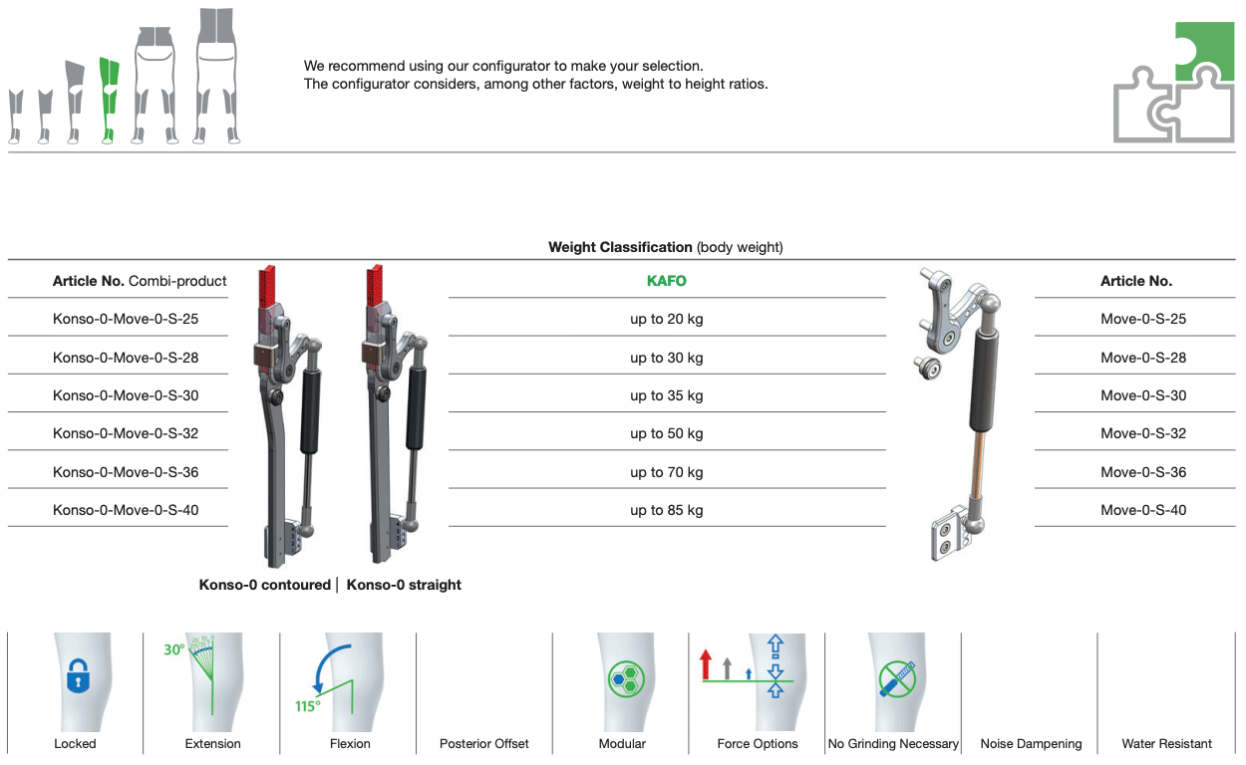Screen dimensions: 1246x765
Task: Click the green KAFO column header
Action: pyautogui.click(x=667, y=281)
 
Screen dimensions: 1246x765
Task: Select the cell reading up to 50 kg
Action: pyautogui.click(x=667, y=433)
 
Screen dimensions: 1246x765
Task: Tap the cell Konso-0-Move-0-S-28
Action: pyautogui.click(x=126, y=358)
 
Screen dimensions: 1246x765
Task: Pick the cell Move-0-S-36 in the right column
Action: pyautogui.click(x=1143, y=472)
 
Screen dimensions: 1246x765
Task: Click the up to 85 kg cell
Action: pyautogui.click(x=667, y=510)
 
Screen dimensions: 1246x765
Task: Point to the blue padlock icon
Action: pyautogui.click(x=78, y=676)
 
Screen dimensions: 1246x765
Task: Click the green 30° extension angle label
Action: pyautogui.click(x=173, y=649)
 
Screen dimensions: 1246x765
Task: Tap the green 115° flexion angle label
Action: pyautogui.click(x=308, y=706)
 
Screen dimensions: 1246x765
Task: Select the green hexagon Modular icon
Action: pyautogui.click(x=626, y=678)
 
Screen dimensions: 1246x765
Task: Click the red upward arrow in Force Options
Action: pyautogui.click(x=706, y=664)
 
